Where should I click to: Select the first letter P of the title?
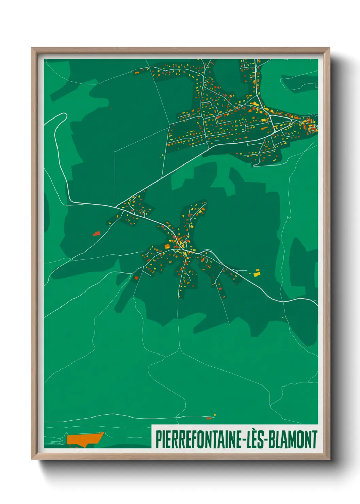159,440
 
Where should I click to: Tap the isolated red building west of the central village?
97,234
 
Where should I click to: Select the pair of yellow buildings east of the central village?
257,272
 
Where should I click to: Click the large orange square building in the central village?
167,246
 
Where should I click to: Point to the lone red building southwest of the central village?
136,278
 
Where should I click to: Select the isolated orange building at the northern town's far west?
136,72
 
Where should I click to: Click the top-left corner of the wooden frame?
32,48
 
